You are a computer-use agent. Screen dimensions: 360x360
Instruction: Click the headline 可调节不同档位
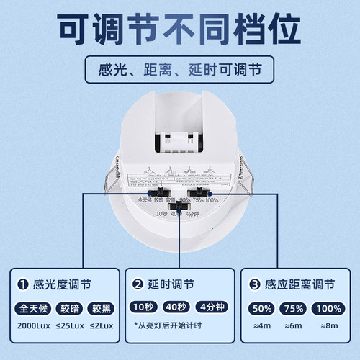(180, 30)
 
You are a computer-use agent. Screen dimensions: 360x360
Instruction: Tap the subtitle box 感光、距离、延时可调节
(180, 72)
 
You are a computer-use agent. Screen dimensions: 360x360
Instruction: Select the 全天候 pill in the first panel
(32, 310)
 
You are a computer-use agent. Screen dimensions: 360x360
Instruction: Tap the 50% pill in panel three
(261, 310)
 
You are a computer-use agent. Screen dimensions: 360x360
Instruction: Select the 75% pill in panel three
(294, 310)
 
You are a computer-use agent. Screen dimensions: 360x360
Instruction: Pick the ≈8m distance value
(330, 324)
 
